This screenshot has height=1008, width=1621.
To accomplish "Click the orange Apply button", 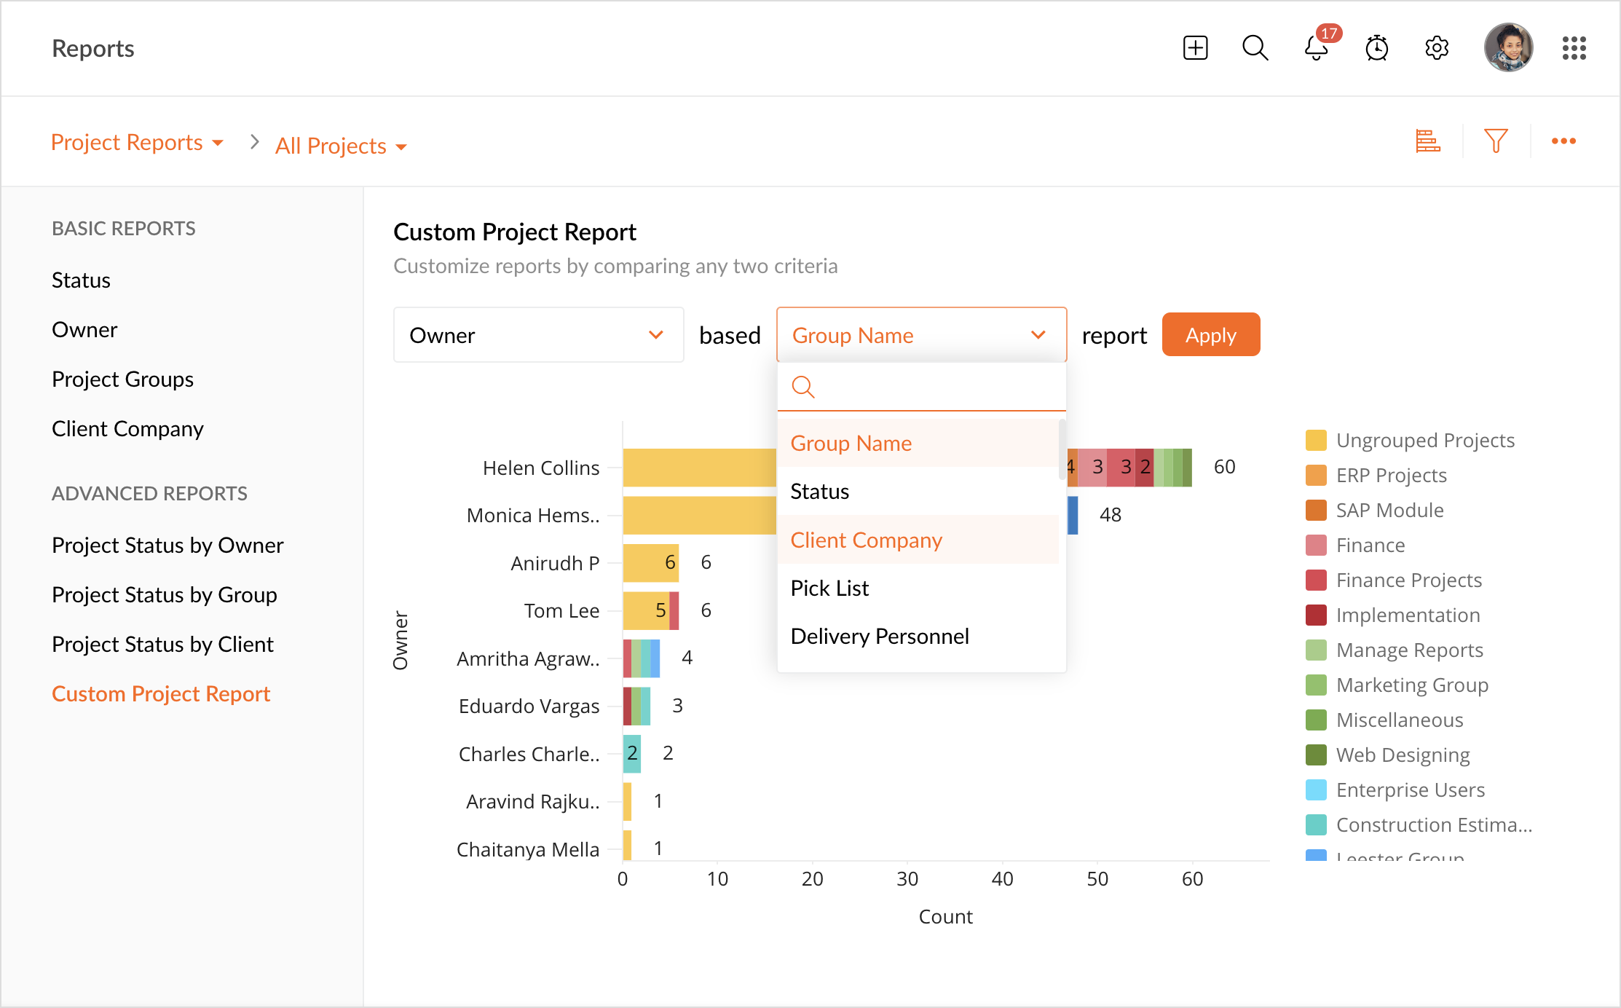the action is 1210,335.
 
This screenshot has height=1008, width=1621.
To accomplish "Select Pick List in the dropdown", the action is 829,588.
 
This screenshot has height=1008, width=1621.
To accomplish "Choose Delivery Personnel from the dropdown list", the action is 880,636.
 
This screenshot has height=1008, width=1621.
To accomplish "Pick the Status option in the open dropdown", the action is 820,492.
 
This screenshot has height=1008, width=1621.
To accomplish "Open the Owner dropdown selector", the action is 538,335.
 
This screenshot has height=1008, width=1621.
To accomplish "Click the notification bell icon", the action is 1317,48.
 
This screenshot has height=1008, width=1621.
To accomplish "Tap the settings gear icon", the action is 1437,48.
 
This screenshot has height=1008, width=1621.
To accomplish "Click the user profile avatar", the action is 1508,48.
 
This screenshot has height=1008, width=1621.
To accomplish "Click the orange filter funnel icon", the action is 1496,141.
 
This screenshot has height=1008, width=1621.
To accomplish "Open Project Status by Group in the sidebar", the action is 165,594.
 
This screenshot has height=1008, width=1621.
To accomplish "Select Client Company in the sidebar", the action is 127,428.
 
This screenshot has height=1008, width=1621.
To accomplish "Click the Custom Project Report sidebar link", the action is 161,693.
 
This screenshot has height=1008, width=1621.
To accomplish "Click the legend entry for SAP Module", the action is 1389,510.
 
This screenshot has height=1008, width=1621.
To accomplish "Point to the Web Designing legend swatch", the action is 1316,755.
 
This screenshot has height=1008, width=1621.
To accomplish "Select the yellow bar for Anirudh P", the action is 651,563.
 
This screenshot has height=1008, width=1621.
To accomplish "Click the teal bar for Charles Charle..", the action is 632,754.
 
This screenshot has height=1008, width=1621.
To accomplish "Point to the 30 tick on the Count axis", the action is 907,879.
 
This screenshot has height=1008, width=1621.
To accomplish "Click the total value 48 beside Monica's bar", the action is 1111,515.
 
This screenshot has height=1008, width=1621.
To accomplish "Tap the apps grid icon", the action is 1574,48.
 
